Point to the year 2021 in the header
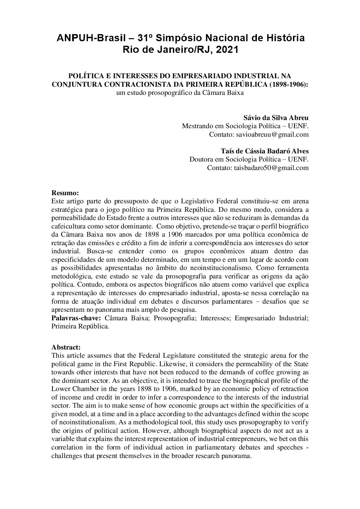pos(226,50)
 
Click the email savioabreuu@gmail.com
pos(272,134)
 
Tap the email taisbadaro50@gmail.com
pos(271,168)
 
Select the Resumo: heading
pos(65,193)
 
